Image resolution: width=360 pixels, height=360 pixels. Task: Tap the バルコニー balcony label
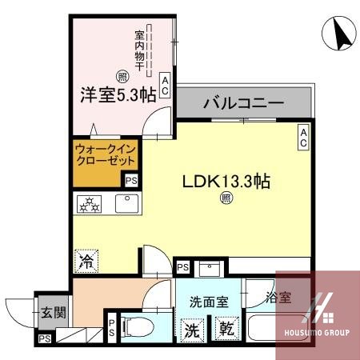coord(244,103)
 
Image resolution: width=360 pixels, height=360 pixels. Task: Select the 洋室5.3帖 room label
coord(117,94)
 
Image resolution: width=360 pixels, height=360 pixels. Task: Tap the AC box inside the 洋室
coord(165,86)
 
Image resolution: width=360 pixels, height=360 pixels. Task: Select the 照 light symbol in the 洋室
coord(122,77)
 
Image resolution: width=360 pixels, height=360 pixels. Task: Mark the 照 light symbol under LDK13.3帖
coord(226,198)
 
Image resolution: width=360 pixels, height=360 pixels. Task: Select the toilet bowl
coord(138,327)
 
